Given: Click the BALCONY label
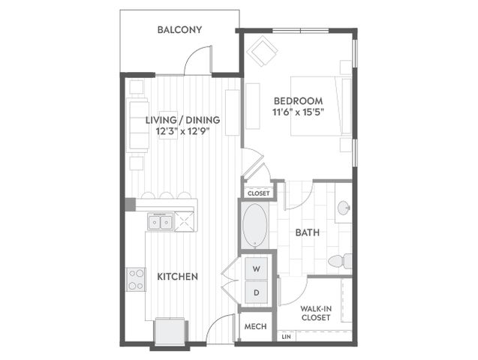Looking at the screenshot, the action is pos(179,29).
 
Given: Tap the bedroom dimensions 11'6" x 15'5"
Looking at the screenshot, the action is pos(298,112).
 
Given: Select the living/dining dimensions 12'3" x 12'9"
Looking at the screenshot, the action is pos(183,131).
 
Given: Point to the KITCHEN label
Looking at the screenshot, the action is pos(177,277).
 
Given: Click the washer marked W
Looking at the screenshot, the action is pos(257,268).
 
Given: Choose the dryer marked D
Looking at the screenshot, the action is pos(257,292).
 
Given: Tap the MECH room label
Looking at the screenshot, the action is pos(255,326).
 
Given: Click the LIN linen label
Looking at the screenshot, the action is pos(286,337).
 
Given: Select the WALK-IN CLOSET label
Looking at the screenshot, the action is pos(316,313).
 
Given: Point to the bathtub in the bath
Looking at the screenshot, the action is pos(254,226).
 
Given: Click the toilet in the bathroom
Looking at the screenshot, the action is pos(340,261).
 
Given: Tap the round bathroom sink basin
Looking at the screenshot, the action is pos(344,208).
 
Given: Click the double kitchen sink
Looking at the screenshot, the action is pos(161,221).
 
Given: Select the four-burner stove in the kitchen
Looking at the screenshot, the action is pos(136,280).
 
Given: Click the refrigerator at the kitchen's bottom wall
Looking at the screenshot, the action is pos(170,332).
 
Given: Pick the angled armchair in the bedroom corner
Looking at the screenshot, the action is pos(262,51).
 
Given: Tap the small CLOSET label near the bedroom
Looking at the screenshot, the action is pos(258,193).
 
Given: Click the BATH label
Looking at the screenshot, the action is pos(308,232).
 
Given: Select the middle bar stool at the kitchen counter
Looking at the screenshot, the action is pos(167,195).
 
